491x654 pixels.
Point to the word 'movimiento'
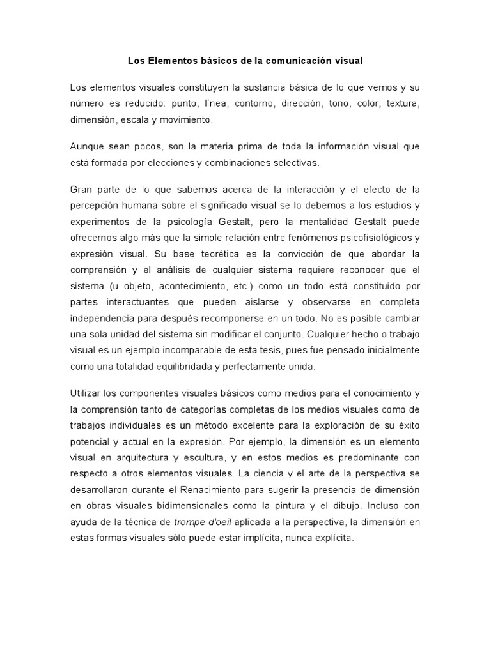tap(186, 119)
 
